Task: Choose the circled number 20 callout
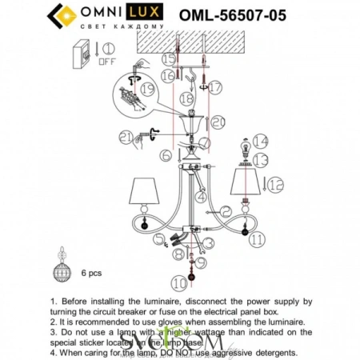[218, 121]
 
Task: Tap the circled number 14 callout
[258, 141]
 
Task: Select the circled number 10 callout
[178, 283]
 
